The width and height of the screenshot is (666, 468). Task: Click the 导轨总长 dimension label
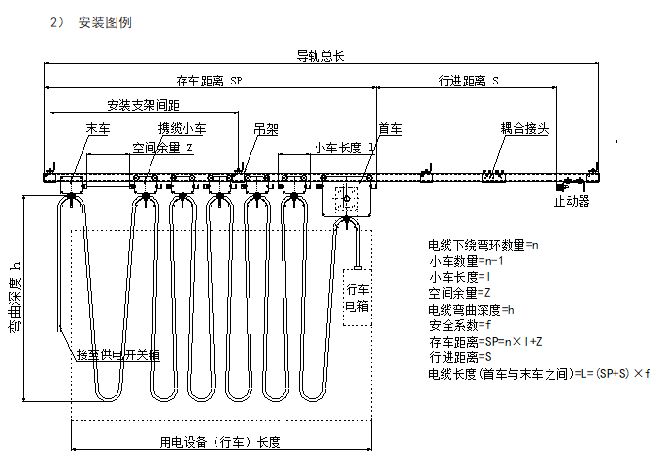tap(319, 56)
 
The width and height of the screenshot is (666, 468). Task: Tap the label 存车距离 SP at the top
tap(208, 81)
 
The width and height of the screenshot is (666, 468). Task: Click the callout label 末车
tap(98, 128)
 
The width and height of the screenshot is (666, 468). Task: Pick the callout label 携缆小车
tap(183, 128)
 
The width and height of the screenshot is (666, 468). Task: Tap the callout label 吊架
tap(265, 128)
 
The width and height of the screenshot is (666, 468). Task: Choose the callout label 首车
tap(389, 128)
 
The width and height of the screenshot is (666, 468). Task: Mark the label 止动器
tap(570, 201)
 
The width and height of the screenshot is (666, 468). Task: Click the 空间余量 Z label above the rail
tap(169, 148)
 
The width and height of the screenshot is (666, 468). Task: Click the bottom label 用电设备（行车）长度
tap(220, 443)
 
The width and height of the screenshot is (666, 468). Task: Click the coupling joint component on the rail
tap(495, 176)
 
